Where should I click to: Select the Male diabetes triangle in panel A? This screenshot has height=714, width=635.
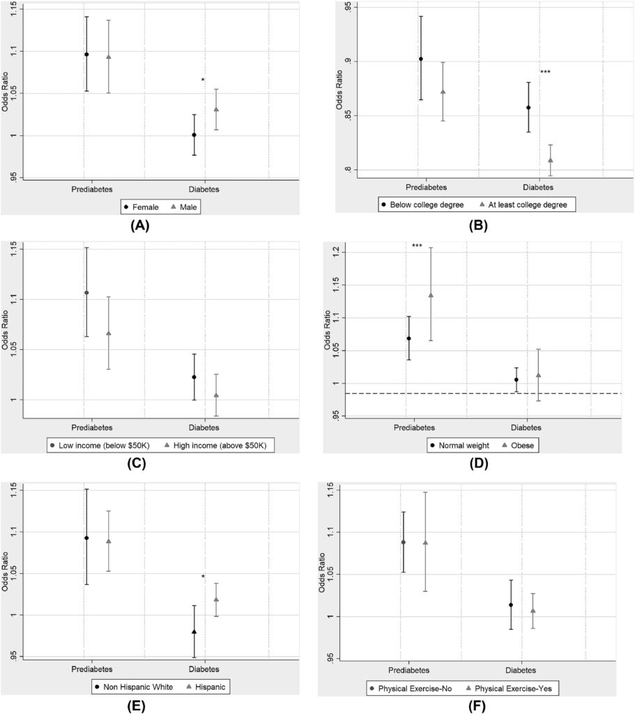(216, 109)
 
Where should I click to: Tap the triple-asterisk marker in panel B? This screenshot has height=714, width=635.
(545, 73)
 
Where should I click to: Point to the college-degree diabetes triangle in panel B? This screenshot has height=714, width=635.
(550, 160)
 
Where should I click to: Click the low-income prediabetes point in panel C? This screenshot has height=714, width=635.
(86, 293)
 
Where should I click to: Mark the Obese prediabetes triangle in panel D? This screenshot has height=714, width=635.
(430, 295)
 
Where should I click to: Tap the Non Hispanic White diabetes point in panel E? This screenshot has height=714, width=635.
(194, 632)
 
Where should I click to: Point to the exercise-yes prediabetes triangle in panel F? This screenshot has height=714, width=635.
(425, 542)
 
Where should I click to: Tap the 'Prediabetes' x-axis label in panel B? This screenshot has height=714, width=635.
(427, 188)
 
